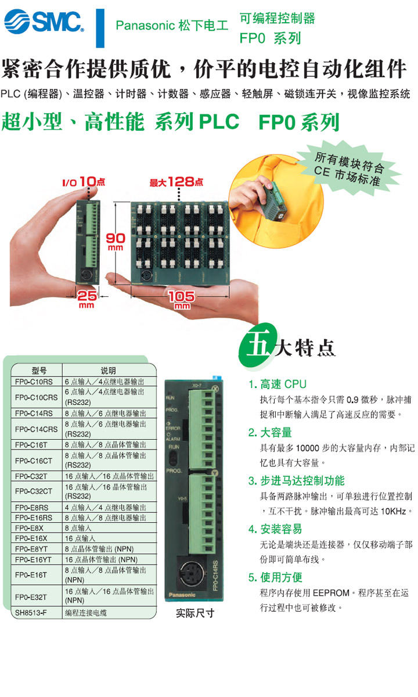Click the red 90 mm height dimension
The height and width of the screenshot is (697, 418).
coord(116,242)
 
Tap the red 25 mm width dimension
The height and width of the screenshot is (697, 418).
coord(87,299)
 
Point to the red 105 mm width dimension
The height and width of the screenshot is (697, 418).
coord(182,300)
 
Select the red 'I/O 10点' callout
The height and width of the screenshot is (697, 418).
coord(84,181)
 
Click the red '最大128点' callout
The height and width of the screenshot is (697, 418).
coord(176,182)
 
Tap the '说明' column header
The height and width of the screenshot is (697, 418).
coord(108,371)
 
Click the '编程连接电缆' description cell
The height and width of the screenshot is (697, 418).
coord(86,613)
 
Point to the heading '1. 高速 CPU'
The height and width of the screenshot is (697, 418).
coord(278,384)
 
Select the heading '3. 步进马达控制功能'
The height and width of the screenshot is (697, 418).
coord(297,480)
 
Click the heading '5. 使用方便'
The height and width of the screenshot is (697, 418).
coord(275,577)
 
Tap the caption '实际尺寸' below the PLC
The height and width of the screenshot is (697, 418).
coord(195,613)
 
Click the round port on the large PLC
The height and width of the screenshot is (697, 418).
coord(193,573)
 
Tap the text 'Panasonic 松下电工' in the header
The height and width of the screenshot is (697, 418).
coord(172,26)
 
